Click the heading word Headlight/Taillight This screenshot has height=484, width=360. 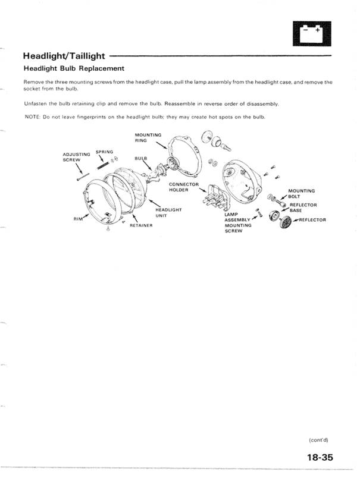coord(64,56)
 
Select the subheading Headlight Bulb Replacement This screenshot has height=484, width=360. coord(73,68)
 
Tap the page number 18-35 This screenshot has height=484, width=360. coord(320,458)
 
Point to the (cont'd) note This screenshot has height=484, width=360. coord(318,440)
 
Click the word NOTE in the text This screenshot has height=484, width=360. coord(32,117)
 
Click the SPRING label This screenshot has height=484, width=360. coord(104,152)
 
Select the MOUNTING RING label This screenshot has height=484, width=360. coord(148,138)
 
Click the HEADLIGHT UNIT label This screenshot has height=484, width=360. coord(168,212)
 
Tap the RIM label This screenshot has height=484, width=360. coord(77,219)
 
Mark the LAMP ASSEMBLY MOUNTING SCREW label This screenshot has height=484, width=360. coord(238,222)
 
